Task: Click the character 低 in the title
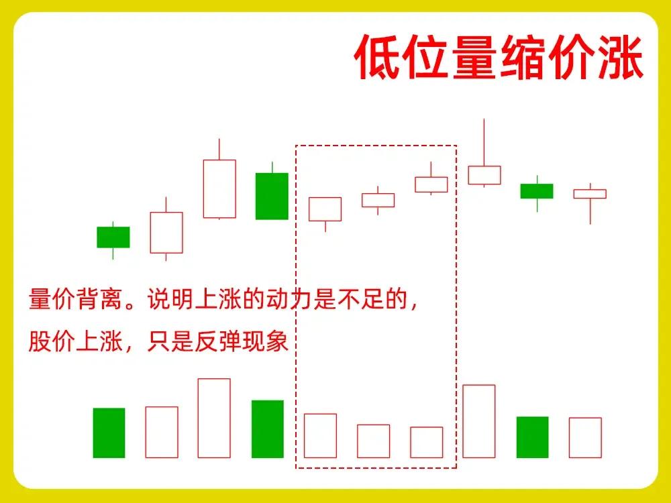tap(378, 57)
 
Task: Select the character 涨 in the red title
tap(620, 57)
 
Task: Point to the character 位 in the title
tap(426, 57)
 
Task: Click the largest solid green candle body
tap(272, 197)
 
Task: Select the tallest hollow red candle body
tap(219, 189)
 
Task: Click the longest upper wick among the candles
tap(484, 142)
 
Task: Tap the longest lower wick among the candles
tap(590, 211)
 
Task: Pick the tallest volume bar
tap(214, 418)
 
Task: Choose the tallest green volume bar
tap(268, 429)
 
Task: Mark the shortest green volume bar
tap(532, 437)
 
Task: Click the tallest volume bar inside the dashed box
tap(320, 436)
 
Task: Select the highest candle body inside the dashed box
tap(431, 185)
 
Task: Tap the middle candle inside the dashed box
tap(378, 200)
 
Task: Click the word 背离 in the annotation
tap(100, 298)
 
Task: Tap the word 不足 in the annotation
tap(361, 298)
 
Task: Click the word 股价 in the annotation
tap(52, 341)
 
